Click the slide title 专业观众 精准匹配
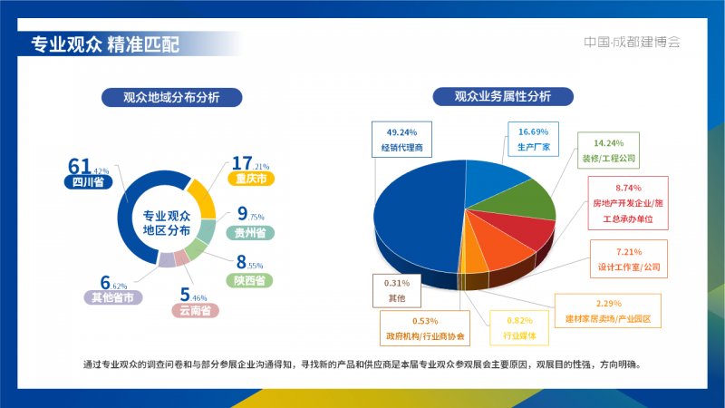coord(105,44)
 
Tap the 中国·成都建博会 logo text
coord(632,42)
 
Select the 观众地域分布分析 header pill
coord(171,97)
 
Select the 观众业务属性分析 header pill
coord(503,96)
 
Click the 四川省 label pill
coord(88,182)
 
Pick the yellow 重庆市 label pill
coord(251,179)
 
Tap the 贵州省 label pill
coord(250,233)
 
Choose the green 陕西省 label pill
coord(249,280)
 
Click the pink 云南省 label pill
coord(195,310)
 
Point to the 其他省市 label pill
coord(112,297)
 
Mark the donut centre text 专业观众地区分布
coord(167,223)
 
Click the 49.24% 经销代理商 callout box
coord(401,140)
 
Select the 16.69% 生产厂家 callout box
coord(533,140)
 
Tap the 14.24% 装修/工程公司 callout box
coord(608,151)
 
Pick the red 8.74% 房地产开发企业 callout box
coord(628,203)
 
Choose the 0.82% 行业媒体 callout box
coord(519,328)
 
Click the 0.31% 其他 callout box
coord(397,290)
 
